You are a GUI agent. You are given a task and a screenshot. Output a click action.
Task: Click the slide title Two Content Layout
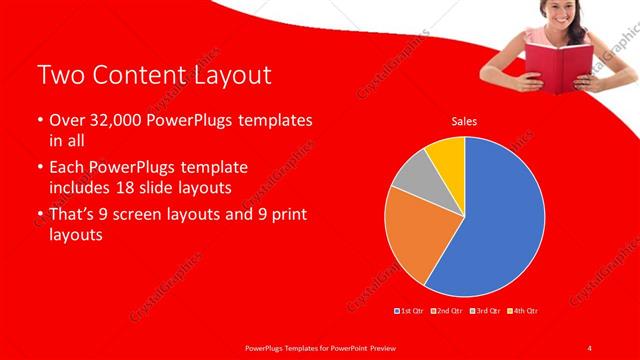[153, 75]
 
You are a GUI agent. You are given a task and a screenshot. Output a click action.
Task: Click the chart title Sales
[464, 121]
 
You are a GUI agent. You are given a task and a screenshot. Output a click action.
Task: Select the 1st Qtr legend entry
[412, 311]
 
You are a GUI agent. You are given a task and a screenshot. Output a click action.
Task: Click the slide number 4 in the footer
[590, 347]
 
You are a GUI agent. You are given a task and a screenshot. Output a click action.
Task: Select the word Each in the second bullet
[68, 165]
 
